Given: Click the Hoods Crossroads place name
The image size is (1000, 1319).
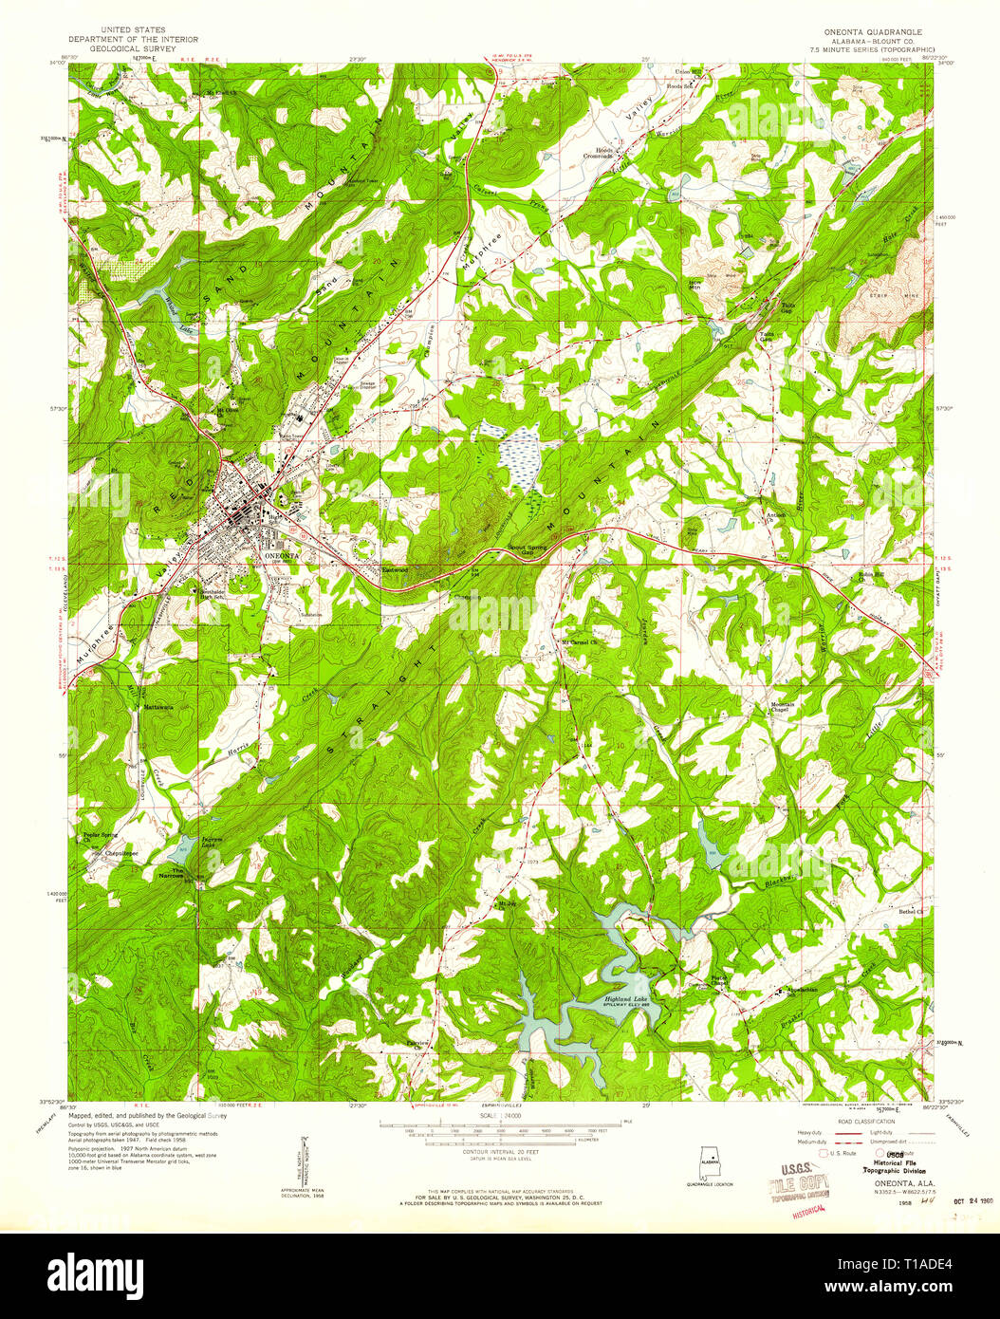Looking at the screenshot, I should click(x=598, y=154).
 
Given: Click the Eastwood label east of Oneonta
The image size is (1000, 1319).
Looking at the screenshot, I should click(x=394, y=570).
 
